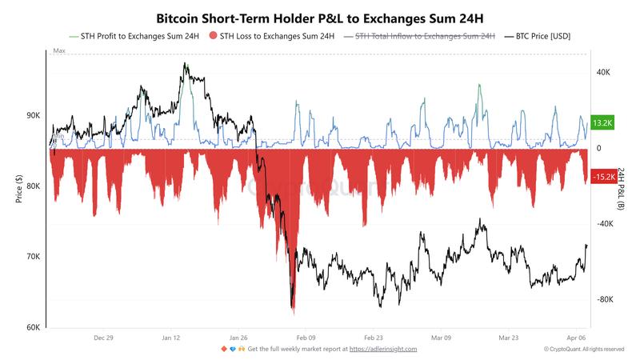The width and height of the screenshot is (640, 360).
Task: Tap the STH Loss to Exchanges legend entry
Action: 272,36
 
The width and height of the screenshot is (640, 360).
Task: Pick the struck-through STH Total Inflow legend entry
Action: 424,36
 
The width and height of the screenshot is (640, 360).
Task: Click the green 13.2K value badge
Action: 601,122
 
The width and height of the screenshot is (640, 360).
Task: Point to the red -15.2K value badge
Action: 601,176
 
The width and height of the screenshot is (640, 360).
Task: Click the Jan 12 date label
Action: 171,338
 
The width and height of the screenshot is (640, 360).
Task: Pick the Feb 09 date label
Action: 306,338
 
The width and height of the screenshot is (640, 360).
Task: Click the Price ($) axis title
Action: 18,190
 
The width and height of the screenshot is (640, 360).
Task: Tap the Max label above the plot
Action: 58,50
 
